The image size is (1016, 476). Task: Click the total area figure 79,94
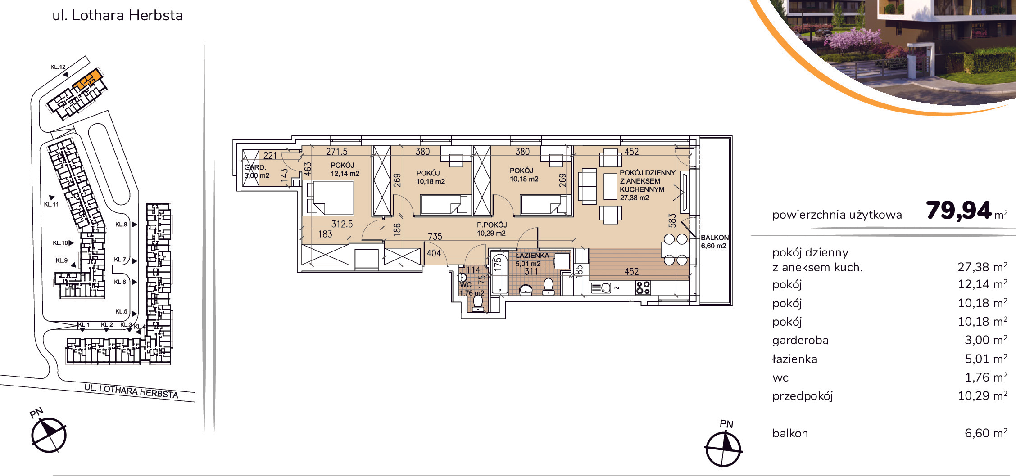(x=959, y=211)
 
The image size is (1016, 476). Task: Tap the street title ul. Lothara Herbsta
(x=118, y=15)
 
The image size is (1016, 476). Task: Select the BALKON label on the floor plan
(x=714, y=238)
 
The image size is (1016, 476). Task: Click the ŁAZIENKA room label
(x=532, y=256)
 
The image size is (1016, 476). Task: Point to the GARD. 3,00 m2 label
(x=257, y=171)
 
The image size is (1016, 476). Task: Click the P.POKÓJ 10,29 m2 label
(x=492, y=229)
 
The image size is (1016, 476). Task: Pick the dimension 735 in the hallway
(x=435, y=236)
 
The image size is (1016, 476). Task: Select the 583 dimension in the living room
(x=672, y=220)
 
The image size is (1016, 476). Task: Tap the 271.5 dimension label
(x=337, y=152)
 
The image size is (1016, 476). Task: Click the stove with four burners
(x=643, y=287)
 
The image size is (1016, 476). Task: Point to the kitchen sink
(x=601, y=287)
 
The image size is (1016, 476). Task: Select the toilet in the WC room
(x=478, y=303)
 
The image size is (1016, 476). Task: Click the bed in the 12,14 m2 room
(x=328, y=198)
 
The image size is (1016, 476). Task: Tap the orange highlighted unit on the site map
(x=87, y=80)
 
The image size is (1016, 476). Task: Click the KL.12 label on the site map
(x=58, y=67)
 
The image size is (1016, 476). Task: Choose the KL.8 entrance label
(x=121, y=224)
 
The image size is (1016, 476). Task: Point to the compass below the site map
(x=49, y=435)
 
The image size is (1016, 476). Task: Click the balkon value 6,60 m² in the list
(x=986, y=433)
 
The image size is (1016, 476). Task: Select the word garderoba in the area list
(x=800, y=340)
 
